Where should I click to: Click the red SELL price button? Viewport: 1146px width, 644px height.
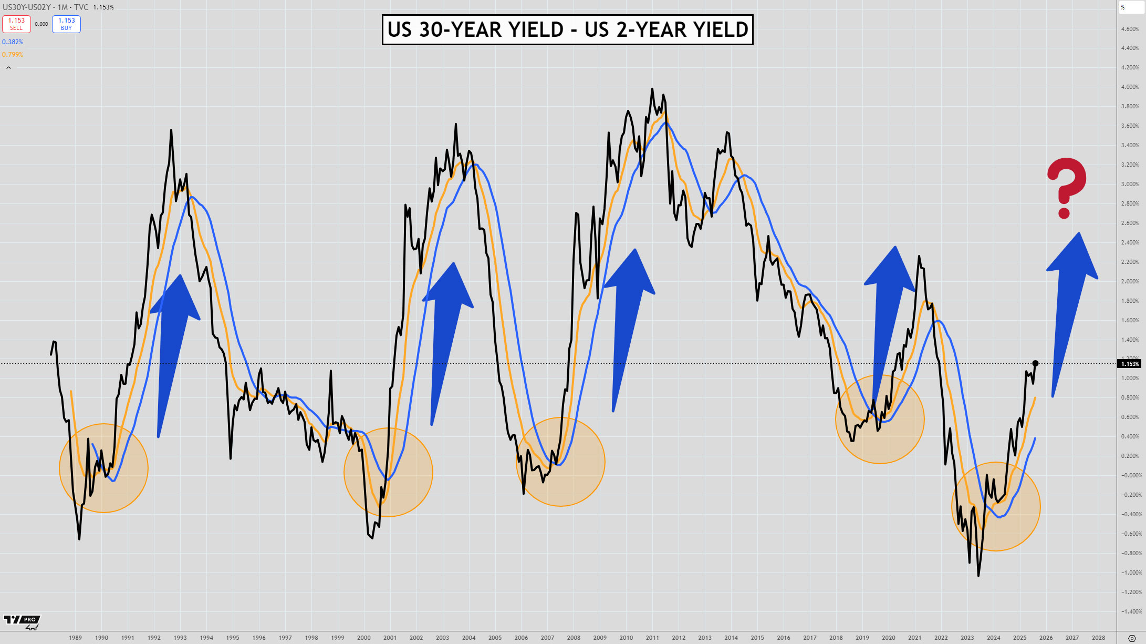pyautogui.click(x=16, y=24)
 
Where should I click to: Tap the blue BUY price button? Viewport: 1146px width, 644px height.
pyautogui.click(x=66, y=24)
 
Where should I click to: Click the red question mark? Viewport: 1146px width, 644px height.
pyautogui.click(x=1066, y=187)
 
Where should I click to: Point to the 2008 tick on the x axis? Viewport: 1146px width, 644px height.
pyautogui.click(x=574, y=638)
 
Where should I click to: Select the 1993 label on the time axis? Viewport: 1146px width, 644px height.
pyautogui.click(x=180, y=638)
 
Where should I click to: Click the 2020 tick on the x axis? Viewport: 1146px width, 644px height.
pyautogui.click(x=888, y=638)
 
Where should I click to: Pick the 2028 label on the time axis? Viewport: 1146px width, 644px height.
pyautogui.click(x=1098, y=638)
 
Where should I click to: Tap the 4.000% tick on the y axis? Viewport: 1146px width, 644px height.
pyautogui.click(x=1130, y=87)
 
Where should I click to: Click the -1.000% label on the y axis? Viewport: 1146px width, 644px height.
pyautogui.click(x=1129, y=573)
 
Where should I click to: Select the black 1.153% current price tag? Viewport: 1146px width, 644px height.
pyautogui.click(x=1130, y=364)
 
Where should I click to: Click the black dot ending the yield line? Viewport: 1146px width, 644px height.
pyautogui.click(x=1035, y=363)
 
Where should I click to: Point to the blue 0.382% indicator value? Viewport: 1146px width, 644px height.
pyautogui.click(x=13, y=42)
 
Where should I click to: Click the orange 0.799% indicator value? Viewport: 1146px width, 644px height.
pyautogui.click(x=13, y=55)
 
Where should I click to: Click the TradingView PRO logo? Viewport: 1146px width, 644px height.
pyautogui.click(x=22, y=621)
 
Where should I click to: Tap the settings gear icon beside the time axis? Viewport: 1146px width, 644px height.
pyautogui.click(x=1132, y=638)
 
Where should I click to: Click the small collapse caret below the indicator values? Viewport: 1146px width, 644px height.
pyautogui.click(x=8, y=68)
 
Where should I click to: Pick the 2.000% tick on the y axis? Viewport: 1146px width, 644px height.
pyautogui.click(x=1130, y=282)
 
